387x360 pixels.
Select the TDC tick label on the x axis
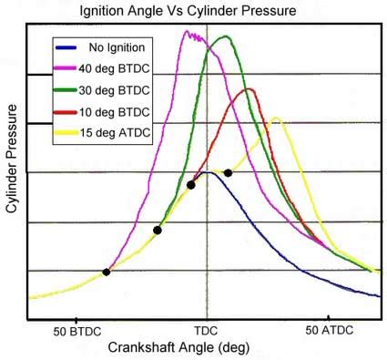tap(208, 329)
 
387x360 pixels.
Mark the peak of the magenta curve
tap(188, 33)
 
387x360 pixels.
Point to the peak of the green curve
tap(225, 37)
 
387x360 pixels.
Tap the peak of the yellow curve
tap(275, 118)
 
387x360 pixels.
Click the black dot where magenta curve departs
tap(107, 272)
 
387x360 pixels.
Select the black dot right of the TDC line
tap(228, 172)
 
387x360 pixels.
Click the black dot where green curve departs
tap(158, 231)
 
